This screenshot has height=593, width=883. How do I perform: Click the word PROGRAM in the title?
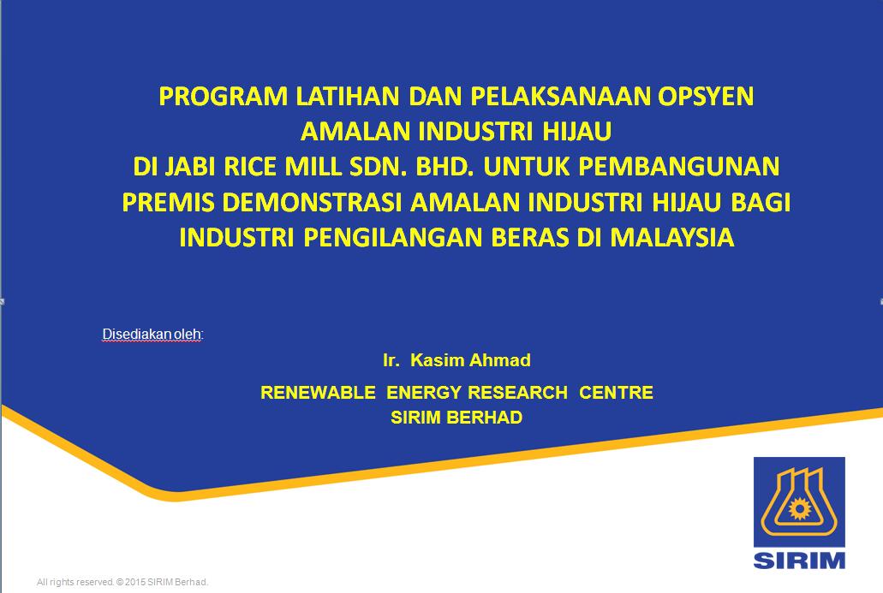pos(224,96)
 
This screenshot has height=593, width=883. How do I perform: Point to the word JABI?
pos(188,167)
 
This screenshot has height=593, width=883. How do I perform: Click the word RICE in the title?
pos(250,167)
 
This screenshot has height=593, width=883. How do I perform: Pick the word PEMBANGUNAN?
pos(678,167)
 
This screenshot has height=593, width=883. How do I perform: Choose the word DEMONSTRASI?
pos(312,203)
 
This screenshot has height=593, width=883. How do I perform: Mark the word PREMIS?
pos(168,203)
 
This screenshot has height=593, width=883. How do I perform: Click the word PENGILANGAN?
pos(393,237)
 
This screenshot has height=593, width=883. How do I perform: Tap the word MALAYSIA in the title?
pos(672,237)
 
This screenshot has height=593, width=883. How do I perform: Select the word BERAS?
pos(529,237)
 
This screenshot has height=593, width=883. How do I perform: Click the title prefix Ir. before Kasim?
pos(391,360)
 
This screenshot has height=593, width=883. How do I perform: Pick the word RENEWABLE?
pos(319,392)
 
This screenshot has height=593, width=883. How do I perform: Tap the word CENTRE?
pos(616,392)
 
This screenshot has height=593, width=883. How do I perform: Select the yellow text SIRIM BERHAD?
pos(456,418)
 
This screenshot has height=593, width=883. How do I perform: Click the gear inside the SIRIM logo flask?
pos(799,509)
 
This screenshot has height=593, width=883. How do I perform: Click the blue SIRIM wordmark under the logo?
pos(800,560)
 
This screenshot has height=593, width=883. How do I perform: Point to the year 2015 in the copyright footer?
pos(135,583)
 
